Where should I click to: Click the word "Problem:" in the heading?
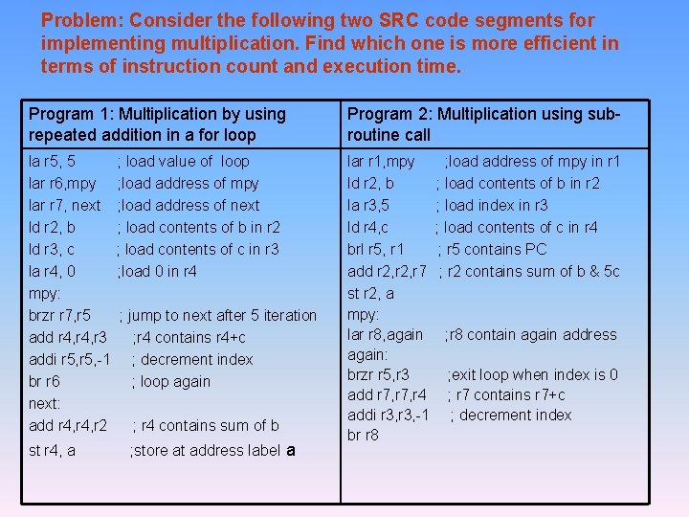(79, 20)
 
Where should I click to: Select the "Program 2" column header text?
(483, 124)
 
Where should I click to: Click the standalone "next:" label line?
(45, 403)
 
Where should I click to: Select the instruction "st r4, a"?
(53, 451)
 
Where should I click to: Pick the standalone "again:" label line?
(367, 354)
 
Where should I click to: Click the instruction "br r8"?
(363, 435)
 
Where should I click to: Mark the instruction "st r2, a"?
(370, 294)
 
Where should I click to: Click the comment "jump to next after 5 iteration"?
(221, 315)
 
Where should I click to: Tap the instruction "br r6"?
(45, 381)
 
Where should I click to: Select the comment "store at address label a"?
(212, 451)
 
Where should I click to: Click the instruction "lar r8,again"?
(385, 334)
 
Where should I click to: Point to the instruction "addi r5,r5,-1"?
(70, 359)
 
